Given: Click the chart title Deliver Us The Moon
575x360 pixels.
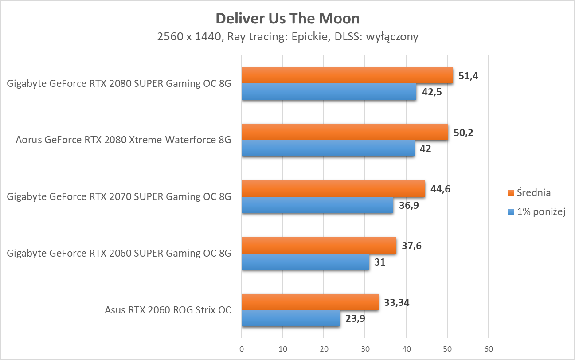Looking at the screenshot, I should (x=287, y=19).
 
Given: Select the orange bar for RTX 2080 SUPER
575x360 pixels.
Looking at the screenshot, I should (x=347, y=75).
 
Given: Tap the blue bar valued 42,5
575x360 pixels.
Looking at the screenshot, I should (x=329, y=92).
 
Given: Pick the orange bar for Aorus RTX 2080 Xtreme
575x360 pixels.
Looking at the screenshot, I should (x=345, y=132).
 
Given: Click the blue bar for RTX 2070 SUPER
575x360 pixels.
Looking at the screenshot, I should (x=317, y=205).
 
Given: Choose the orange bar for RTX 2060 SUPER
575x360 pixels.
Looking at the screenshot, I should (x=319, y=245).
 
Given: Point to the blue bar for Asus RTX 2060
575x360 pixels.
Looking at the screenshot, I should (x=291, y=318).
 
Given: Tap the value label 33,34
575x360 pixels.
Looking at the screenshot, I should (x=397, y=302).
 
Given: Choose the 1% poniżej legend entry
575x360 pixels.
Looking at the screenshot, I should (x=537, y=212).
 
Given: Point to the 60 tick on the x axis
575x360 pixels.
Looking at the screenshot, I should (x=488, y=349).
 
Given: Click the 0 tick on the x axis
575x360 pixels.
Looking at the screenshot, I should (x=242, y=349).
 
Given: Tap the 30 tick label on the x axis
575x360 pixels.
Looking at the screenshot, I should (x=365, y=349).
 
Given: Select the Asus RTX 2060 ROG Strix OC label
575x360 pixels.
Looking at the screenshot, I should (x=168, y=310).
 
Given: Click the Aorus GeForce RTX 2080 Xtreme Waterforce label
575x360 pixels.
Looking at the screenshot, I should (x=123, y=141).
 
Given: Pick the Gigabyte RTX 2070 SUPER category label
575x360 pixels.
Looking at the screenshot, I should (x=119, y=197).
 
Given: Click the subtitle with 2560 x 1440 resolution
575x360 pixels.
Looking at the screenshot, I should (x=287, y=37).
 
